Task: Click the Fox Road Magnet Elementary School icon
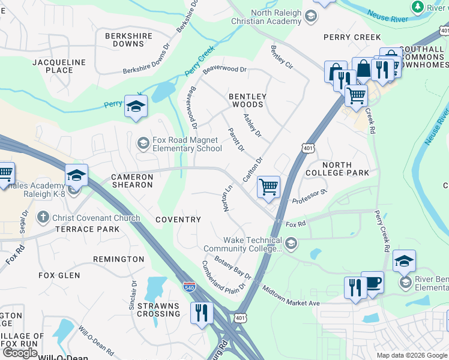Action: (x=143, y=143)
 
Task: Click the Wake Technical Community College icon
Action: (x=291, y=243)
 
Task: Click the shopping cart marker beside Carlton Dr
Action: (x=268, y=187)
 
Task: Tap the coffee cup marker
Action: (x=372, y=282)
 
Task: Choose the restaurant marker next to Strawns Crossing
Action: (x=201, y=312)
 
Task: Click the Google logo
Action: (x=20, y=353)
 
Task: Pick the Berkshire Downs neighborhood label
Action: (x=124, y=40)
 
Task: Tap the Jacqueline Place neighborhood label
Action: (x=53, y=66)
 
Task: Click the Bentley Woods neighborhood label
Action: (x=247, y=100)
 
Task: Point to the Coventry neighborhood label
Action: (x=178, y=220)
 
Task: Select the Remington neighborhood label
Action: (x=118, y=259)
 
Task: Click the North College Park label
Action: (x=345, y=169)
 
